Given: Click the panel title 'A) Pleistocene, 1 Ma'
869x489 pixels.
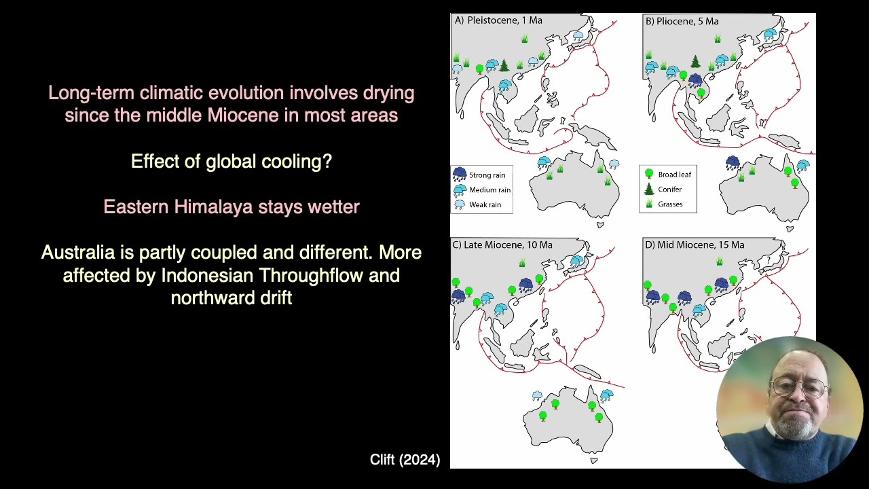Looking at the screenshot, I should (498, 20).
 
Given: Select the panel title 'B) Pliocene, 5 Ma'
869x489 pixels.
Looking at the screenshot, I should (682, 21).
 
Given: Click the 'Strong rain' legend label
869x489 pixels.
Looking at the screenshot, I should (487, 175).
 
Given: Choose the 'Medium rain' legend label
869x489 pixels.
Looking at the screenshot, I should (489, 190).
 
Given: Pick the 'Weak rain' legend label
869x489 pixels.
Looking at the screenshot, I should (485, 204).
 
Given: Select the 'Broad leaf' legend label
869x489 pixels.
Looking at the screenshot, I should (674, 175).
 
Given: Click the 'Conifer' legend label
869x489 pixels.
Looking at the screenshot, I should (669, 189).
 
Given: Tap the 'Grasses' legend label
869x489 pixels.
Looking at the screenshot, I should (670, 204).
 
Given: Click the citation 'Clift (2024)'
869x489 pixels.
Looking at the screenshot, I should (405, 460).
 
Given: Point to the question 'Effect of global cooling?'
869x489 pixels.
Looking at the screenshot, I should (231, 161).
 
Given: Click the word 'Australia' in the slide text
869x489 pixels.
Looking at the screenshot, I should (78, 253).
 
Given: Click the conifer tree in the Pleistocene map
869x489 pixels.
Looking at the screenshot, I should (504, 65).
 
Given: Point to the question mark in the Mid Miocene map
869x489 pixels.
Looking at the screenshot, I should (769, 260).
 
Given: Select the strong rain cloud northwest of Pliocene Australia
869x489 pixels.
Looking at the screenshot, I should (732, 163).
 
